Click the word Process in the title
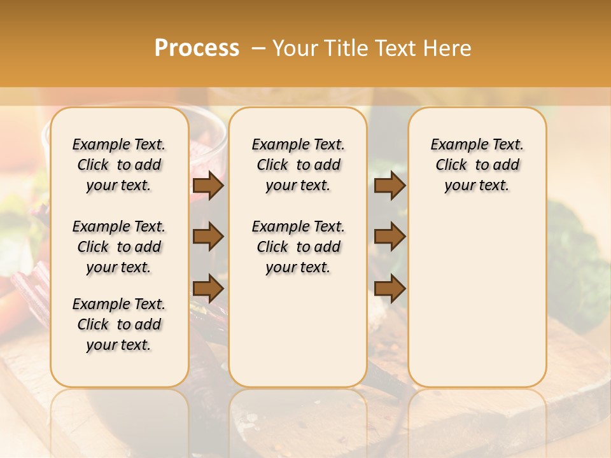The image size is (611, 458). pyautogui.click(x=197, y=48)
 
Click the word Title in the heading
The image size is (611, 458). pyautogui.click(x=343, y=48)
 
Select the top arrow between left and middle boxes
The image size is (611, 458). pyautogui.click(x=207, y=185)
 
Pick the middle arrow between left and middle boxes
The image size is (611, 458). pyautogui.click(x=207, y=237)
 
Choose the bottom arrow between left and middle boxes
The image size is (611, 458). pyautogui.click(x=207, y=288)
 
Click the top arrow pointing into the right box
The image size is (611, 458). pyautogui.click(x=389, y=185)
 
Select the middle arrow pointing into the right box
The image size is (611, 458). pyautogui.click(x=389, y=237)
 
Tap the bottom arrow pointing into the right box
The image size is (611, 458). pyautogui.click(x=389, y=288)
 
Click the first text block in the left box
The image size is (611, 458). pyautogui.click(x=119, y=165)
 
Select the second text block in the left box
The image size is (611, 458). pyautogui.click(x=119, y=247)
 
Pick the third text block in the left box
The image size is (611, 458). pyautogui.click(x=119, y=324)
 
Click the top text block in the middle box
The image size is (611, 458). pyautogui.click(x=298, y=165)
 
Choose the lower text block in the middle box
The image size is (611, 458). pyautogui.click(x=298, y=247)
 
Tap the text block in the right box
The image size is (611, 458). pyautogui.click(x=477, y=165)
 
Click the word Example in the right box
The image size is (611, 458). pyautogui.click(x=454, y=145)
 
